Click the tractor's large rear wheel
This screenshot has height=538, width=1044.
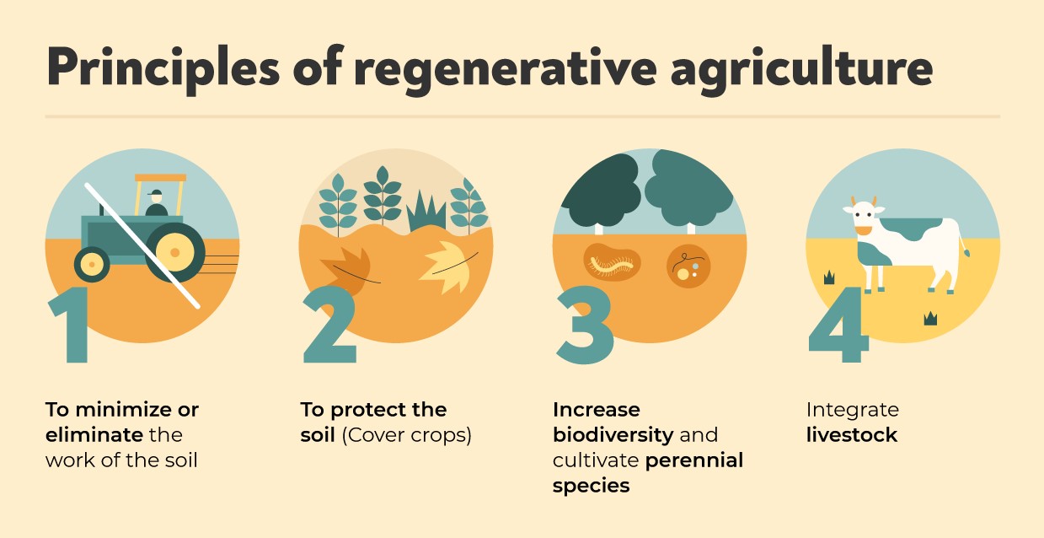pos(174,252)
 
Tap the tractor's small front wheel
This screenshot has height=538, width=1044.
pos(92,265)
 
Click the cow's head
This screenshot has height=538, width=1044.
pos(863,218)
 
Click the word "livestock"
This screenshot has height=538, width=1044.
pos(852,436)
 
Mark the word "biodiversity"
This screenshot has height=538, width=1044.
pos(613,436)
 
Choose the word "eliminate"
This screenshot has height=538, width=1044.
pos(94,436)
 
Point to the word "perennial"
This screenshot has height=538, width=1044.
pos(694,461)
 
